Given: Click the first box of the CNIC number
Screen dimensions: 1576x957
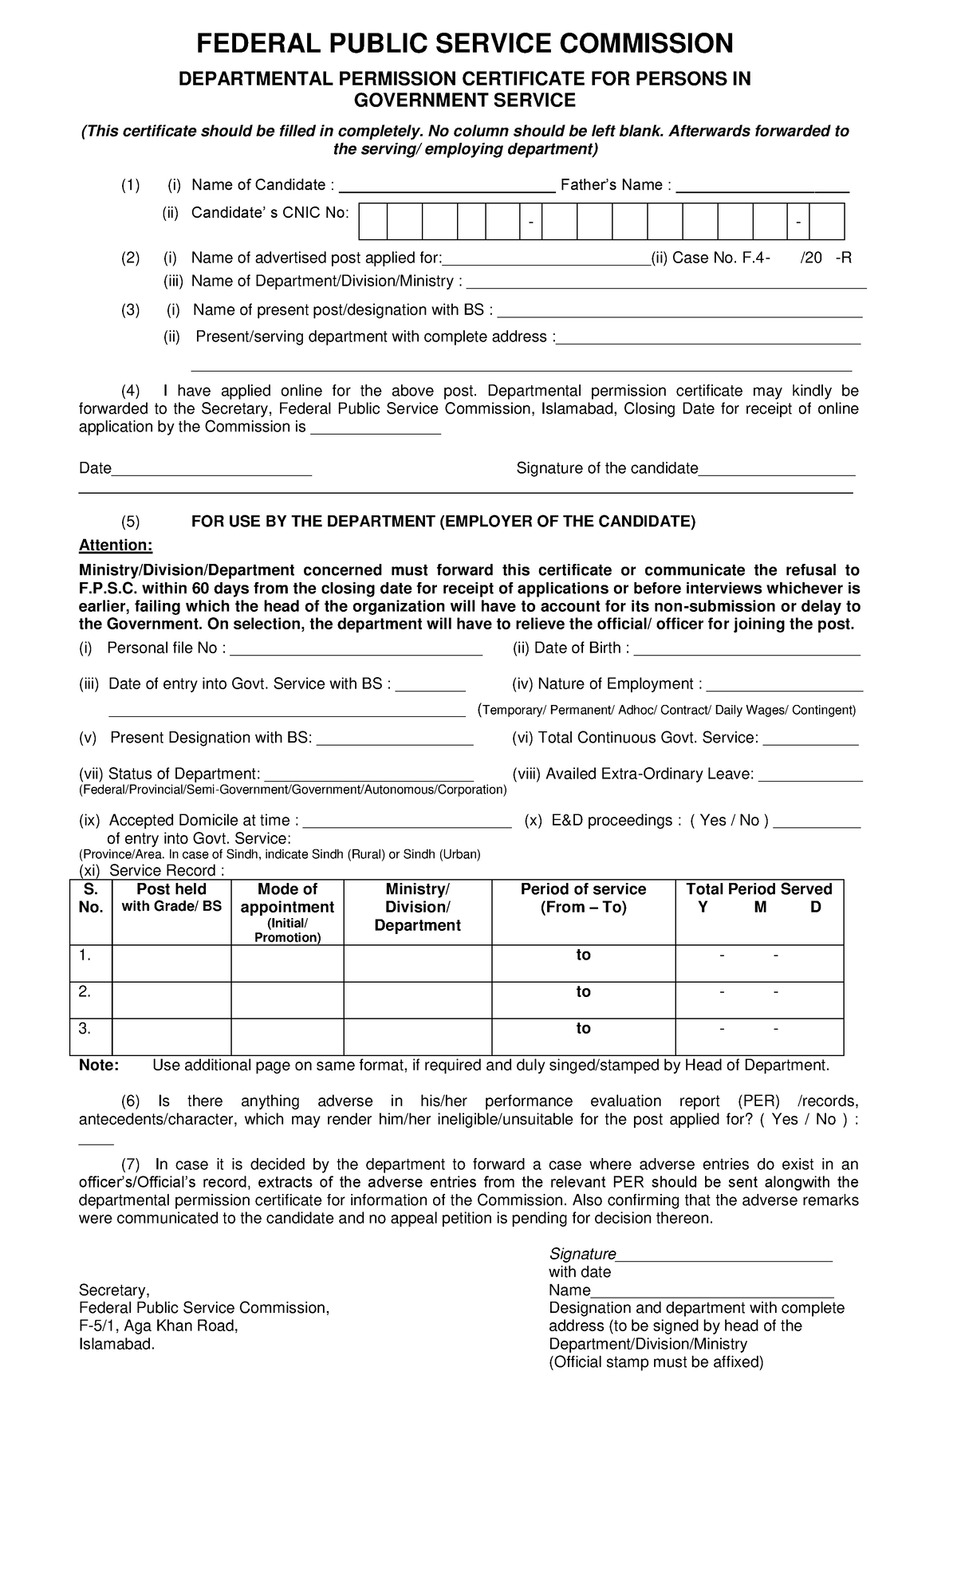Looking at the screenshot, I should coord(373,221).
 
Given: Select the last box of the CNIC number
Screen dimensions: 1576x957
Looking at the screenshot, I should coord(827,221).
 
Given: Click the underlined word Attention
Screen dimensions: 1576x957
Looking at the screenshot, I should coord(115,546).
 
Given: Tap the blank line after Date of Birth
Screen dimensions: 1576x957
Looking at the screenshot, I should coord(746,649).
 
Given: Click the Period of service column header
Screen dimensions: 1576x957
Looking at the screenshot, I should coord(583,898).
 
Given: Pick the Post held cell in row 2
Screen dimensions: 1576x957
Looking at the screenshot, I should coord(171,999).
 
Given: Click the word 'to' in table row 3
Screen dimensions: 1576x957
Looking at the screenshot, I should coord(583,1029).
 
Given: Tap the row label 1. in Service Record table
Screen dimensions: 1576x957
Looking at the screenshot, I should coord(85,955).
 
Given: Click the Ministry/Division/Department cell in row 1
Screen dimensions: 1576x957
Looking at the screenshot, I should coord(417,963).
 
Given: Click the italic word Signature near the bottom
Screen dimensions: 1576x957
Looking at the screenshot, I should coord(582,1255).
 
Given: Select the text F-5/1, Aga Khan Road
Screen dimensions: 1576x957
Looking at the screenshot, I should coord(158,1326).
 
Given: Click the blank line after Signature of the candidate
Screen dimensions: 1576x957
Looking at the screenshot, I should coord(776,470).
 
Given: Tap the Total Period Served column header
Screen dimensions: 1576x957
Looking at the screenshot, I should coord(758,889).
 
